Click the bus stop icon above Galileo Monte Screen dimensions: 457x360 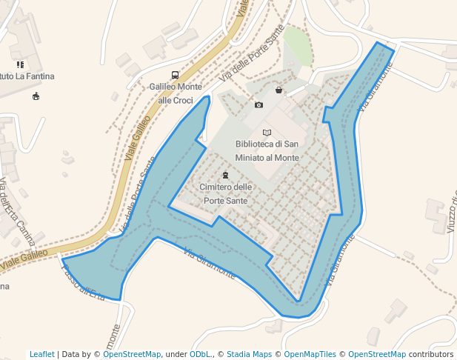point(175,75)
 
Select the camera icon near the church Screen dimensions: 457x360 point(258,104)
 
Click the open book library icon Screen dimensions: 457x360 point(267,132)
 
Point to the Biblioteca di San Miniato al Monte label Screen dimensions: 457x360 point(267,150)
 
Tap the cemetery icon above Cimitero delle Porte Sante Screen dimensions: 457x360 point(225,175)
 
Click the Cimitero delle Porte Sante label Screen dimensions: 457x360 point(225,193)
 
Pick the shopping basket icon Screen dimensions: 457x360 point(278,90)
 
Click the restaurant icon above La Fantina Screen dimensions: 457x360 point(20,64)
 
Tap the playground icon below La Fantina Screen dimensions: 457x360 point(36,96)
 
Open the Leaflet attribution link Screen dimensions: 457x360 point(41,354)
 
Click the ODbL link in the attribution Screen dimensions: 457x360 point(200,354)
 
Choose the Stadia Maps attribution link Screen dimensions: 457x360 point(249,354)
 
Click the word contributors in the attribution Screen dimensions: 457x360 point(430,354)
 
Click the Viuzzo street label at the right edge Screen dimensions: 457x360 point(451,211)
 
